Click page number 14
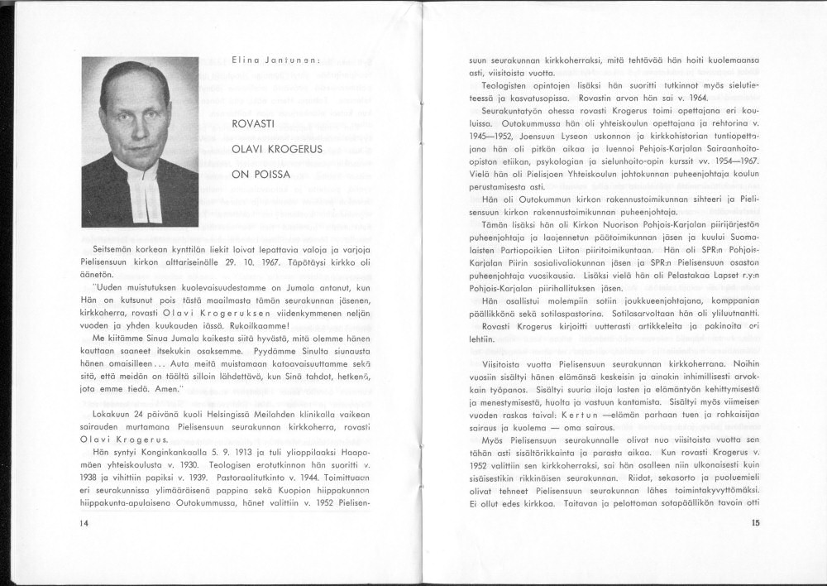[x=85, y=522]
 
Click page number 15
[x=753, y=522]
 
